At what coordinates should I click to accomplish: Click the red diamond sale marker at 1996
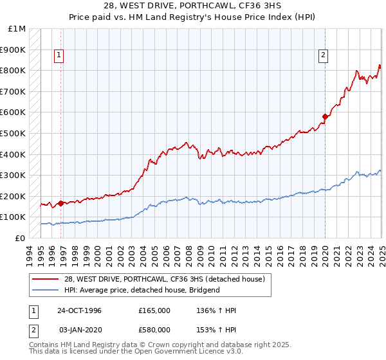61,204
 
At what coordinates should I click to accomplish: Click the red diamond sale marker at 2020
326,117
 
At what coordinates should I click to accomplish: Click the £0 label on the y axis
19,238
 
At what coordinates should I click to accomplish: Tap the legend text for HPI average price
142,290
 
